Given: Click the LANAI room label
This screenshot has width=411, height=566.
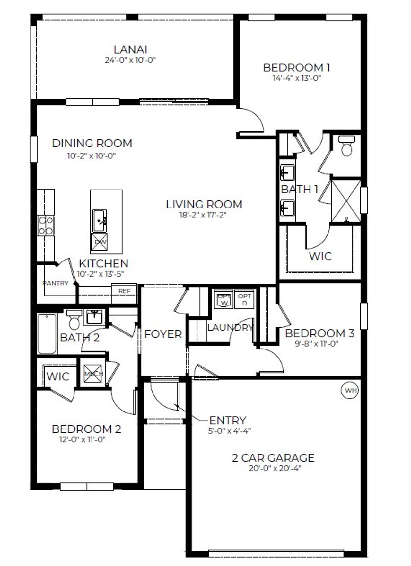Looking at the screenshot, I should [130, 49].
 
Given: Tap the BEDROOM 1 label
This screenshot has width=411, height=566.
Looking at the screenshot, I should [296, 67].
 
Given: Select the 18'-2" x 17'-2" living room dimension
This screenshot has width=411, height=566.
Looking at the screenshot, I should [203, 215].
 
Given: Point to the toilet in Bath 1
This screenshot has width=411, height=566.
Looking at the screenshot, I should [347, 146].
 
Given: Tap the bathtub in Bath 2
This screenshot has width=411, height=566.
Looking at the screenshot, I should [47, 333].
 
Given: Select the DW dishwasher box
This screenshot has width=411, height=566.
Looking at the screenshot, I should [100, 242].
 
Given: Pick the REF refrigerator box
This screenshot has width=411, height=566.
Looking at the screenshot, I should [125, 291].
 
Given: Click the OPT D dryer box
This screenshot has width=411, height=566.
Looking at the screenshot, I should [245, 299].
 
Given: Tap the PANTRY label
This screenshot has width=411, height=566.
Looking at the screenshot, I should [55, 283].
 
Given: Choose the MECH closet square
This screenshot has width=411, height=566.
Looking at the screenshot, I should [93, 374].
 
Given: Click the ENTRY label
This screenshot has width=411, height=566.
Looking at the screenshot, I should [228, 420].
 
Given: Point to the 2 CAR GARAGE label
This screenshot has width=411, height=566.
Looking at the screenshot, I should [273, 457].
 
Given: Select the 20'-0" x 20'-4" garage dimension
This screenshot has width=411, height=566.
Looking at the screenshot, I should [275, 468].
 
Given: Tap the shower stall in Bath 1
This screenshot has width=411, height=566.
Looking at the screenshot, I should [345, 201].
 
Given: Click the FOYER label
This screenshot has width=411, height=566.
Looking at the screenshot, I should [163, 334].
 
